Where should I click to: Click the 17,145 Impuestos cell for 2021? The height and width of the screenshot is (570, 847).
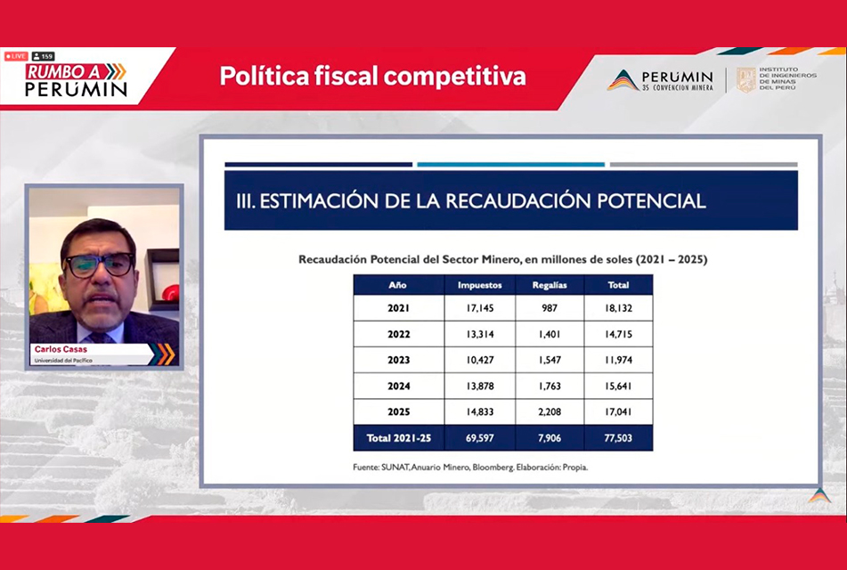479,308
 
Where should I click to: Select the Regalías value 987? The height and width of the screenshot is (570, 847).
550,308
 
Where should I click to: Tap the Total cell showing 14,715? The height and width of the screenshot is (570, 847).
618,334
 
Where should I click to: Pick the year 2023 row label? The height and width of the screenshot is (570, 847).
399,360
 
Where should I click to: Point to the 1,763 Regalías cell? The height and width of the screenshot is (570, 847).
550,386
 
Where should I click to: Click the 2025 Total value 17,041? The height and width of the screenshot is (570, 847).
618,411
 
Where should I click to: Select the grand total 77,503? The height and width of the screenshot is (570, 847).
618,437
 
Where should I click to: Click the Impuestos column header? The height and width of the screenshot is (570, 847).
480,285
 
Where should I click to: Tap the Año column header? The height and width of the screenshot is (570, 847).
397,285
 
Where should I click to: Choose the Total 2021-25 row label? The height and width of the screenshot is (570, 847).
399,437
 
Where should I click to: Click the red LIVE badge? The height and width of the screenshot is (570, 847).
16,56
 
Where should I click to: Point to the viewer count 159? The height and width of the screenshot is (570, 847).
44,56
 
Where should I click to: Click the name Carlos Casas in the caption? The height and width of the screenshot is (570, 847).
61,349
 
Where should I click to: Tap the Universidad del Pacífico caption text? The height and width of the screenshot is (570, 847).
63,361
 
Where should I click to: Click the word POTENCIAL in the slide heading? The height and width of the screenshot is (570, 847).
651,200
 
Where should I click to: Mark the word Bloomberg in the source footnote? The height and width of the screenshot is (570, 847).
493,468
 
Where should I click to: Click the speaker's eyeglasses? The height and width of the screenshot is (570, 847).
100,265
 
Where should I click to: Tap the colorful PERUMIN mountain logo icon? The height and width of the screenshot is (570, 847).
623,80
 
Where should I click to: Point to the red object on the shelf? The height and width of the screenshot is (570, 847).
170,292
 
